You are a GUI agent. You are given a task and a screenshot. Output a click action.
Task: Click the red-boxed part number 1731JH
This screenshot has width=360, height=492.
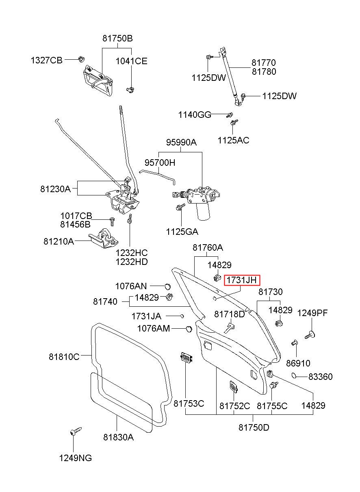point(242,280)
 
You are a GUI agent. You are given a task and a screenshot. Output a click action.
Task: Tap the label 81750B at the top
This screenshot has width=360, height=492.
point(117,39)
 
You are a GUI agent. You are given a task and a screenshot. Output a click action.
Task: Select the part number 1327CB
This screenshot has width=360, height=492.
point(47,61)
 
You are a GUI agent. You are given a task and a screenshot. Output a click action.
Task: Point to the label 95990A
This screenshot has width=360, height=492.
point(181,142)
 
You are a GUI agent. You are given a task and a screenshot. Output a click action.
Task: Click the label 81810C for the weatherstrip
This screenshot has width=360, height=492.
point(64,357)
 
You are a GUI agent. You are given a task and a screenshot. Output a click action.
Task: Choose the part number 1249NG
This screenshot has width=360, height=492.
point(76,458)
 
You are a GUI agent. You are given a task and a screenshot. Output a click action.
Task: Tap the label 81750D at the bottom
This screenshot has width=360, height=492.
point(254,427)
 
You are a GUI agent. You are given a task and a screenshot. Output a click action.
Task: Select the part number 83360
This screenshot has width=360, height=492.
point(320,377)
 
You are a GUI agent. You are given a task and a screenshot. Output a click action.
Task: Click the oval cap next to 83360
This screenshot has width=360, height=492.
point(296,375)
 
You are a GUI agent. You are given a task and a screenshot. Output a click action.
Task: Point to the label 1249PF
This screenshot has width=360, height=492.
point(312,313)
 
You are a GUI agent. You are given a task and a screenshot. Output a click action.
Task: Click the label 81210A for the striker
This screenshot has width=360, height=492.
point(59,241)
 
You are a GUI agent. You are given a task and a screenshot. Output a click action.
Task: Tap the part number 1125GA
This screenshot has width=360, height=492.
point(182,232)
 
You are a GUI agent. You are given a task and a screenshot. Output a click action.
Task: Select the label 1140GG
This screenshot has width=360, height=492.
point(195,115)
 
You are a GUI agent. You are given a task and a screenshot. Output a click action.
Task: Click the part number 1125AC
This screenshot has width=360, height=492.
point(233,140)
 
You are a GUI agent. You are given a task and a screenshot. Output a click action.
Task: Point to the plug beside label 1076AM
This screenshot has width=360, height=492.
point(188,328)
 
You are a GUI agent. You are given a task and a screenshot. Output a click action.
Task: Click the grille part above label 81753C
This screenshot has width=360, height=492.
point(187,358)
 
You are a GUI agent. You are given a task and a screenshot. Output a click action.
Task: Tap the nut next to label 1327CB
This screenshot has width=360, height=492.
point(80,60)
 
